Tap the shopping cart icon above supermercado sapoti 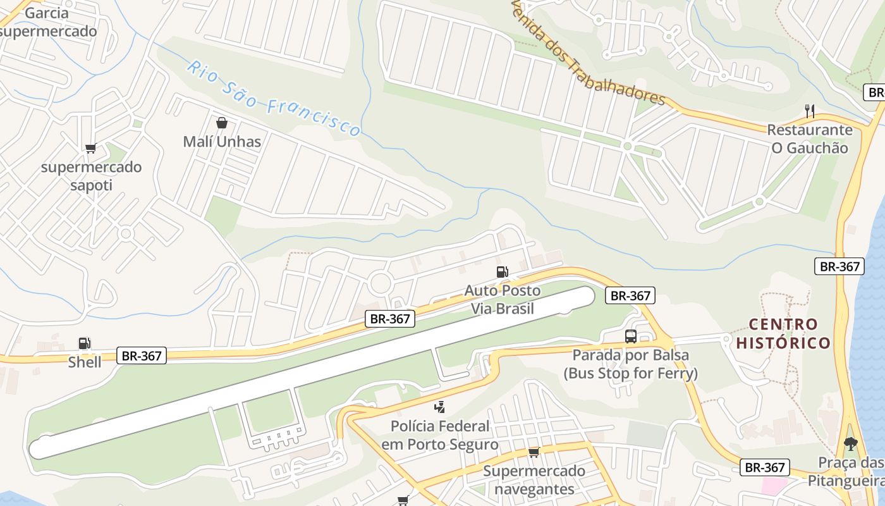tap(90, 149)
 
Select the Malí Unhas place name tap(222, 142)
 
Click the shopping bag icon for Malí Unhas tap(222, 123)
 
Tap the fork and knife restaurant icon tap(809, 111)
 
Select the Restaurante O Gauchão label tap(809, 139)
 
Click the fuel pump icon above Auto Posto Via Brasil tap(502, 272)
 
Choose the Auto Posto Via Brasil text tap(503, 300)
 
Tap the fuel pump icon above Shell tap(84, 343)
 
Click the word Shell tap(85, 362)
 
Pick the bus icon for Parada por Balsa tap(630, 336)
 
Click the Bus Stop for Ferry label tap(630, 374)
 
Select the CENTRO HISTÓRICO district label tap(783, 334)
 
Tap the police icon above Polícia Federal tap(439, 407)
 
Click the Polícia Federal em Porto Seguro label tap(440, 435)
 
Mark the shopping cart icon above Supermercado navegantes tap(534, 452)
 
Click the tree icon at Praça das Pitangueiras tap(851, 443)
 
